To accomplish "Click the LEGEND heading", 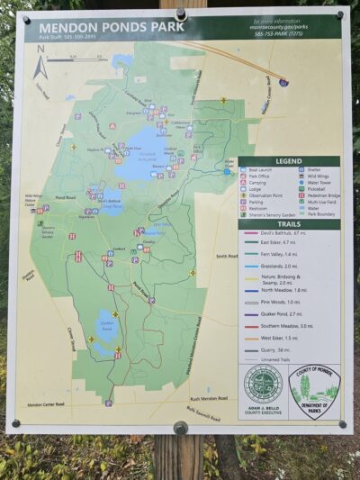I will [289, 161].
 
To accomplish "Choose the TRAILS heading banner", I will [289, 224].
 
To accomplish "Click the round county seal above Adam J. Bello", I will [263, 382].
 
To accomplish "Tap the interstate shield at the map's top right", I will [283, 82].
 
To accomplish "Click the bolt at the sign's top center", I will [181, 14].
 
